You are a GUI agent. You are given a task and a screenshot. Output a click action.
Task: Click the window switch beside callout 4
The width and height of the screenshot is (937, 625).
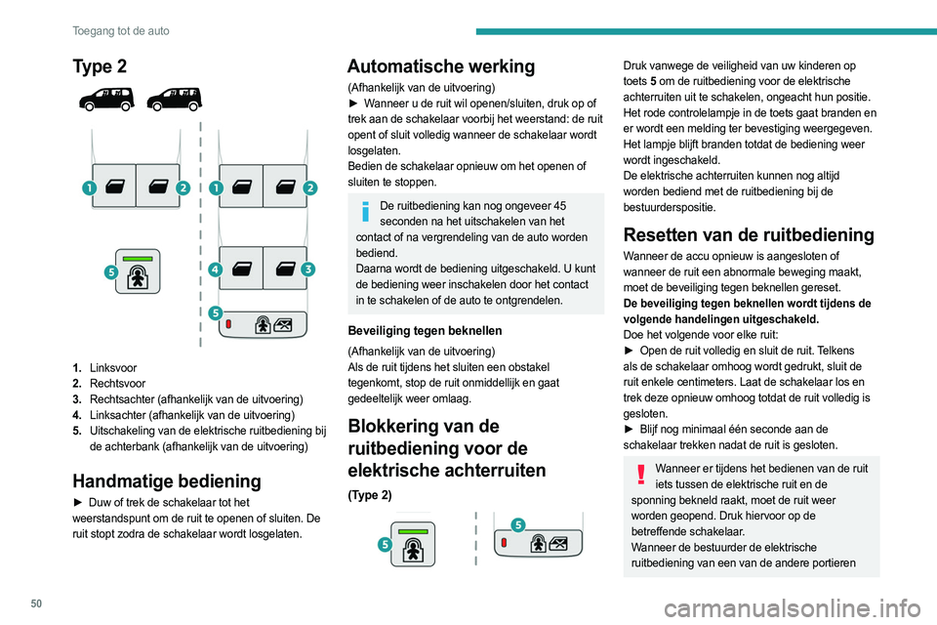point(240,268)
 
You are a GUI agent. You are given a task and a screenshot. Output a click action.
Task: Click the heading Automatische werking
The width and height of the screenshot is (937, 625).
point(441,66)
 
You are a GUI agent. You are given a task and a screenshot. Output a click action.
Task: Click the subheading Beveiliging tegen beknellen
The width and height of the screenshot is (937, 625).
point(425,330)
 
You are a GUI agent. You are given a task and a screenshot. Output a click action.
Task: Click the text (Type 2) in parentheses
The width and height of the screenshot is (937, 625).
point(369,495)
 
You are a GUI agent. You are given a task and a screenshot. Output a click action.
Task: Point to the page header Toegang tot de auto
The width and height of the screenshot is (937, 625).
point(120,31)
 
